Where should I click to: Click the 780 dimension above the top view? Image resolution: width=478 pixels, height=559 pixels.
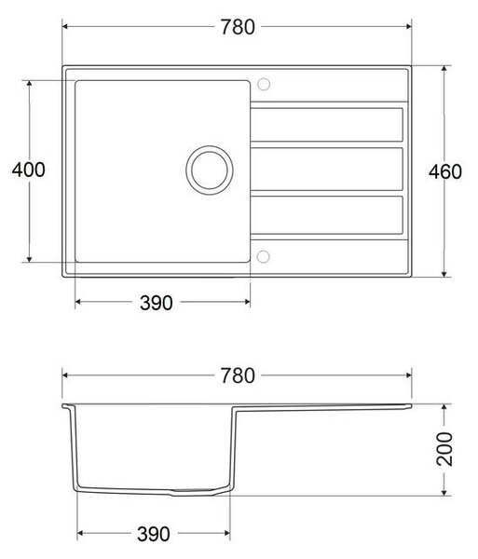[238, 27]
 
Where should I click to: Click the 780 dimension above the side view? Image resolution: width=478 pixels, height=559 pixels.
[238, 375]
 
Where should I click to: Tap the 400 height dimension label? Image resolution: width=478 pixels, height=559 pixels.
[29, 170]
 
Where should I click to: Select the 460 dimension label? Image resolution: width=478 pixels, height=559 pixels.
[445, 171]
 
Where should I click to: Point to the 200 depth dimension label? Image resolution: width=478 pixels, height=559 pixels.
[444, 449]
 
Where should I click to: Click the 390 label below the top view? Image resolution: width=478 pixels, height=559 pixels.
[157, 303]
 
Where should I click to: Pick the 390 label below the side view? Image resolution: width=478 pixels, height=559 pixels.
[154, 534]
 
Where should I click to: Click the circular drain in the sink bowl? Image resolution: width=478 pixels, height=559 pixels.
[210, 170]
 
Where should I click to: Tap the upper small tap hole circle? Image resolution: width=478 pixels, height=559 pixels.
[264, 84]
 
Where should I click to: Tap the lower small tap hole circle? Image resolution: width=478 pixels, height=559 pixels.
[263, 256]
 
